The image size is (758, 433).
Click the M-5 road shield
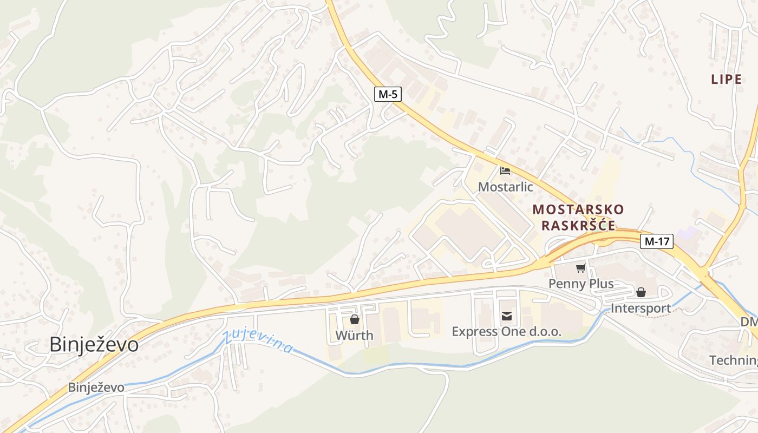click(388, 94)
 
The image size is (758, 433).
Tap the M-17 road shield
click(656, 241)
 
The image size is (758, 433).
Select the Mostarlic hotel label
click(505, 187)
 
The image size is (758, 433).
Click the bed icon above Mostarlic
click(505, 171)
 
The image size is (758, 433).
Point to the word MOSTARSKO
click(578, 209)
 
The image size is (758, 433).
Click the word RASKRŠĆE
click(578, 226)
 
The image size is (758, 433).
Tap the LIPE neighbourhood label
click(726, 79)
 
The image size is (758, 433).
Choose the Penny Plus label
click(581, 284)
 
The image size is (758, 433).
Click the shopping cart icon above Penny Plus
click(581, 268)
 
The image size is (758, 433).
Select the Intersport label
click(641, 309)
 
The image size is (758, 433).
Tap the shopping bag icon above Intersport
click(641, 293)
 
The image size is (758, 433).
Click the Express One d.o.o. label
click(507, 331)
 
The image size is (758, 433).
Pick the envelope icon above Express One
click(507, 316)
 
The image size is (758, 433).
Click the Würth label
click(354, 335)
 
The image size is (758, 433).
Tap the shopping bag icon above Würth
click(355, 319)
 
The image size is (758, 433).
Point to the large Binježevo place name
click(94, 345)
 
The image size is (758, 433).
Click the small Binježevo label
click(96, 388)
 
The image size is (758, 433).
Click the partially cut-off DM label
click(749, 322)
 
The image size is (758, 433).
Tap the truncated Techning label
click(733, 360)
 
